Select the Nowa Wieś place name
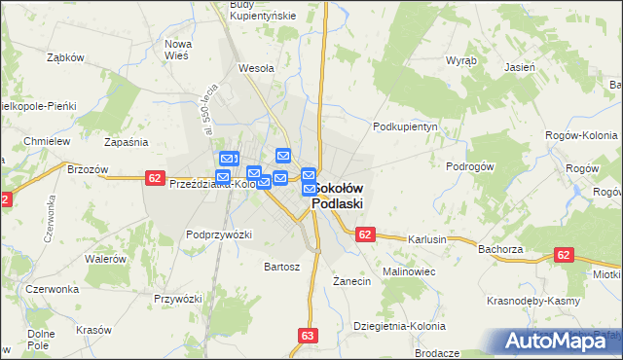pyautogui.click(x=177, y=51)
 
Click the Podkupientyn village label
pyautogui.click(x=408, y=126)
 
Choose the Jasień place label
pyautogui.click(x=520, y=68)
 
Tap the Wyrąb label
pyautogui.click(x=460, y=59)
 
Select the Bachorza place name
pyautogui.click(x=501, y=249)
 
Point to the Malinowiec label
pyautogui.click(x=408, y=270)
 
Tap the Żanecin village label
pyautogui.click(x=352, y=281)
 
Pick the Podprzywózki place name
pyautogui.click(x=219, y=234)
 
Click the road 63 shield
pyautogui.click(x=309, y=336)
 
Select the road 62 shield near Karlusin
pyautogui.click(x=365, y=234)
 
